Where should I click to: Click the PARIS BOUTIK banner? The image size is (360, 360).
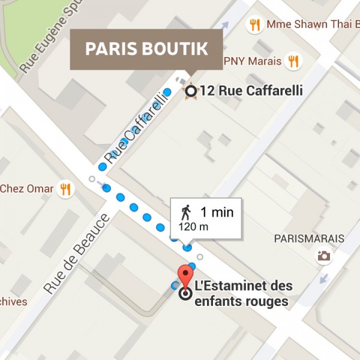click(146, 49)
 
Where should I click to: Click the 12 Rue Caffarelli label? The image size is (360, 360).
click(251, 91)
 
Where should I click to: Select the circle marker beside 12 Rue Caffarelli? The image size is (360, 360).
click(191, 91)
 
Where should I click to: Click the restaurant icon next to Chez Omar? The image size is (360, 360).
click(65, 189)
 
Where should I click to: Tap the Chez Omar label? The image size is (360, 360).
click(26, 189)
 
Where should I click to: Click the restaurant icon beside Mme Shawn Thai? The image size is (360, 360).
click(255, 25)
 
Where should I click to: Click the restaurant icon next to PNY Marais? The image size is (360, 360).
click(293, 61)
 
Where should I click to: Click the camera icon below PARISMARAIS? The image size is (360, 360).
click(324, 256)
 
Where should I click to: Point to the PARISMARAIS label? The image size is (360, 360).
click(309, 239)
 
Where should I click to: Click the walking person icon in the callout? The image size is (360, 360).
click(186, 212)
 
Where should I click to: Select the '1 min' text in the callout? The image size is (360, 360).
click(217, 212)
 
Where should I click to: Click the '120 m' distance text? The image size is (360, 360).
click(194, 227)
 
